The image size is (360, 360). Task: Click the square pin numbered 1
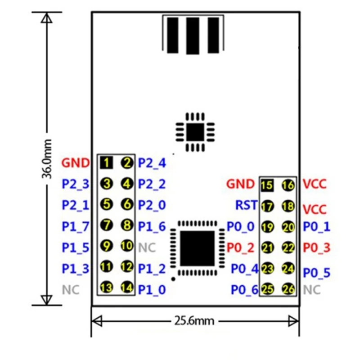[106, 162]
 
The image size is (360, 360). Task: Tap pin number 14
[127, 287]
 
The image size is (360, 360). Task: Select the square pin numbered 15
[267, 184]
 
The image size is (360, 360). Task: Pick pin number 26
[288, 289]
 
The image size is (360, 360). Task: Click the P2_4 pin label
[152, 162]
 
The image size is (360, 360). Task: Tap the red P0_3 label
[316, 247]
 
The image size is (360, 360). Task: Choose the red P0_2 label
[241, 247]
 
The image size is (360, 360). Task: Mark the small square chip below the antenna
[195, 132]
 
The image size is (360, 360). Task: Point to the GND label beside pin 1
[76, 162]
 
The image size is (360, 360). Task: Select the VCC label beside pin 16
[315, 184]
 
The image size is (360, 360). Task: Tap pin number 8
[127, 225]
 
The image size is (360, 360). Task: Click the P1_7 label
[75, 226]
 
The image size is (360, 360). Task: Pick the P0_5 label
[317, 272]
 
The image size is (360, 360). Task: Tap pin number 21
[267, 247]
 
